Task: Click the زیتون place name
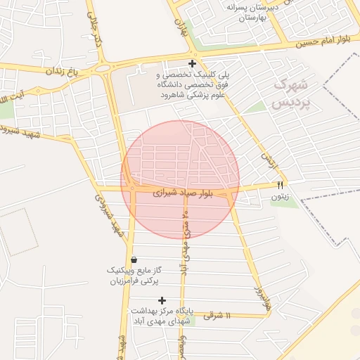tap(280, 198)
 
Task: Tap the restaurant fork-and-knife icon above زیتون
tap(280, 186)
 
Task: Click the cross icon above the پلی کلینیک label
tap(192, 63)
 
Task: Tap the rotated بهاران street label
tap(181, 28)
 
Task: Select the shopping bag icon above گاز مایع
tap(134, 259)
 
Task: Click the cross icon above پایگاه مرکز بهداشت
tap(162, 300)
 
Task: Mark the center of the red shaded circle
tap(180, 179)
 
